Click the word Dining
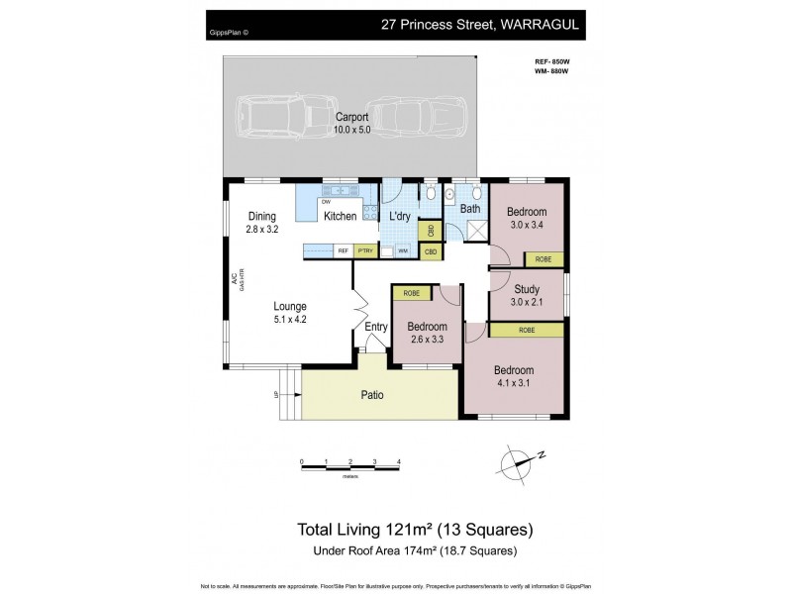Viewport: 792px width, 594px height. tap(262, 217)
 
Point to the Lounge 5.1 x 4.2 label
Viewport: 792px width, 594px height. tap(290, 313)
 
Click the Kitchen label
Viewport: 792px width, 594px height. tap(340, 217)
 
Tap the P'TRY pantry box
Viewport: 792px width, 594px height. tap(377, 251)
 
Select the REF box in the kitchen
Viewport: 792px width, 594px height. tap(344, 251)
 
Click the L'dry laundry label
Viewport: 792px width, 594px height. tap(400, 217)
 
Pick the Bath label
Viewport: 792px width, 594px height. tap(470, 209)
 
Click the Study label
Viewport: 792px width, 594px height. tap(526, 289)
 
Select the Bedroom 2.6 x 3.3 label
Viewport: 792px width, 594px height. tap(427, 333)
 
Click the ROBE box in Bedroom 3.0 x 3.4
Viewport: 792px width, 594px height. tap(544, 259)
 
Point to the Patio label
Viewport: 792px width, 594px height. tap(371, 395)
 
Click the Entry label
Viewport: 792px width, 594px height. tap(376, 328)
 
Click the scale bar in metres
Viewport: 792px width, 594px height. tap(350, 462)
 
